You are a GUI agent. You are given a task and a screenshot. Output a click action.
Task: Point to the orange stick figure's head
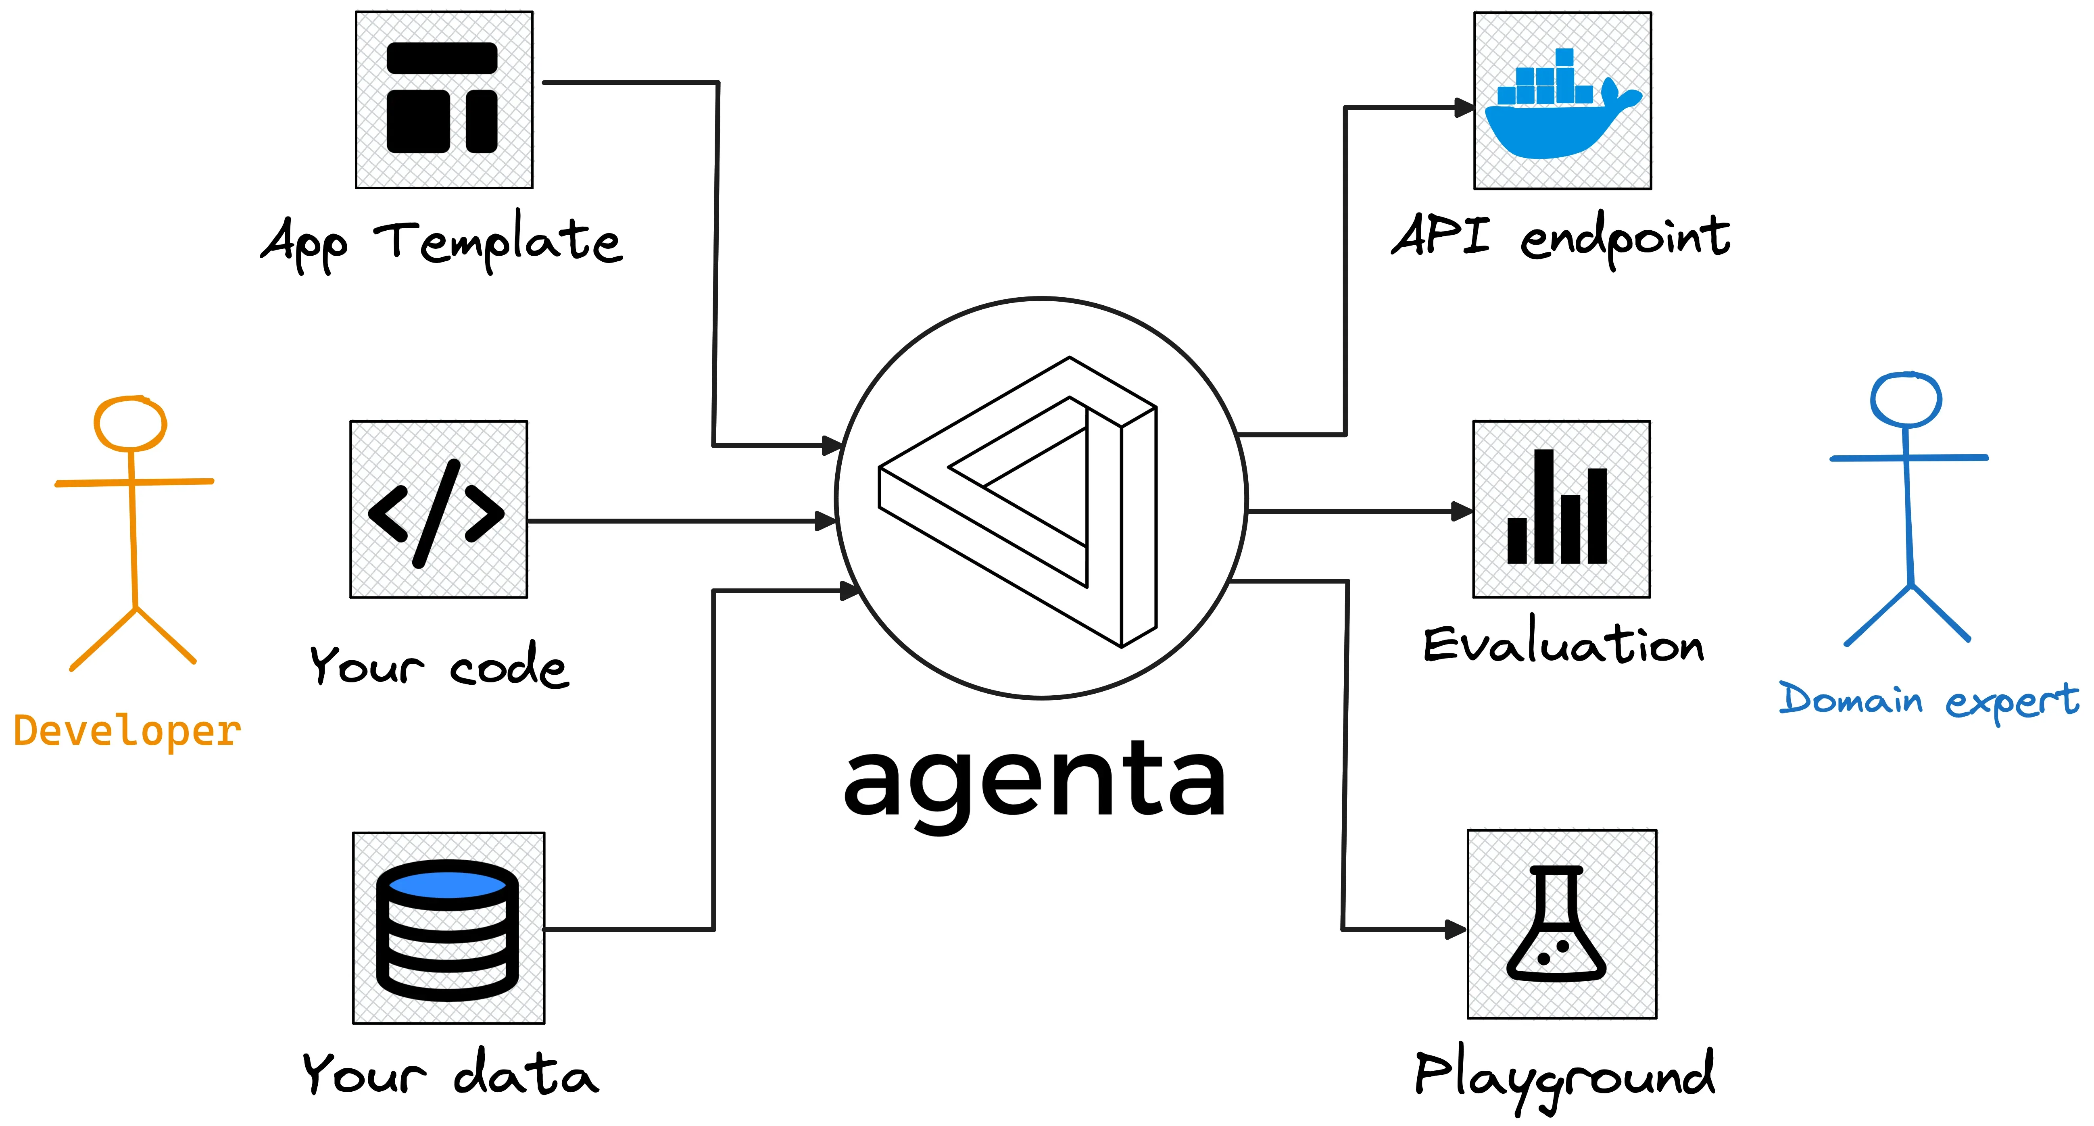point(130,423)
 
